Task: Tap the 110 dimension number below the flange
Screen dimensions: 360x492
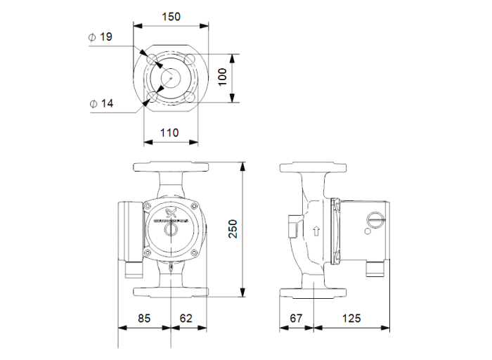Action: (169, 132)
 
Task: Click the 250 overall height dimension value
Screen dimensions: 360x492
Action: (233, 229)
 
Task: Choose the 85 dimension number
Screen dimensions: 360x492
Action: (143, 318)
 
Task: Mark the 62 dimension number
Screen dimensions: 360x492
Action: (186, 318)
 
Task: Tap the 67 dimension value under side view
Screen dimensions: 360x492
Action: (297, 318)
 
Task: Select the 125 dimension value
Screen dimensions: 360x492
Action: (351, 318)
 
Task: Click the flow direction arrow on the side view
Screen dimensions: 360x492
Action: (316, 230)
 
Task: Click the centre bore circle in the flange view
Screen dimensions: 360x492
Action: (169, 76)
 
